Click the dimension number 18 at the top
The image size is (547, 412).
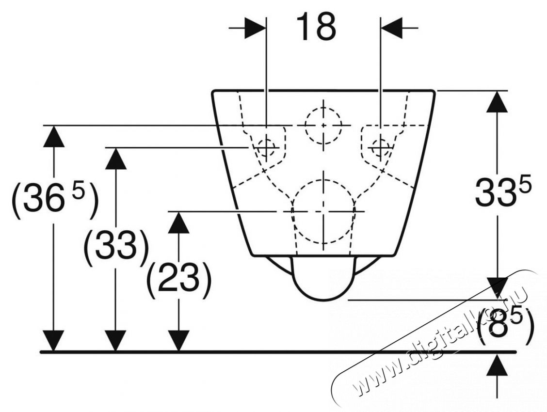click(316, 27)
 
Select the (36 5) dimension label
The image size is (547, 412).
click(54, 199)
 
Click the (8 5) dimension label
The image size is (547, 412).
click(506, 326)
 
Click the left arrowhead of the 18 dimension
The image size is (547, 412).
click(255, 29)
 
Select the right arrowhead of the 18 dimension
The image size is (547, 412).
click(392, 29)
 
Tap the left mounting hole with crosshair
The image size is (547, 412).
click(266, 146)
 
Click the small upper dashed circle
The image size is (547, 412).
click(322, 125)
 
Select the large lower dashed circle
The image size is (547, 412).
click(322, 212)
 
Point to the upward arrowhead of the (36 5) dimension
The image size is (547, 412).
click(53, 137)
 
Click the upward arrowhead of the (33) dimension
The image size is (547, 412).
click(115, 158)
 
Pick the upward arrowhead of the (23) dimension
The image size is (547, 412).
click(179, 223)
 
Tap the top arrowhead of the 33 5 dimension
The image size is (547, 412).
click(498, 102)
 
